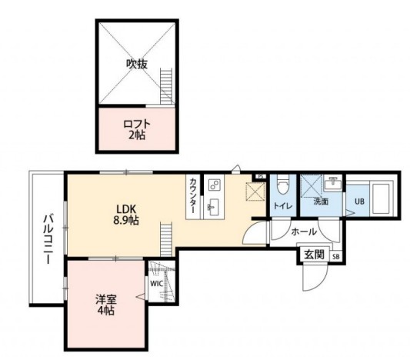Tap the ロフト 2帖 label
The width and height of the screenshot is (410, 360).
pos(137,128)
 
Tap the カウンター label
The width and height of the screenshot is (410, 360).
pos(192,198)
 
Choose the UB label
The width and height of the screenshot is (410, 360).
pos(359,202)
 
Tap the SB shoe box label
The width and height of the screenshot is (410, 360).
pos(335,257)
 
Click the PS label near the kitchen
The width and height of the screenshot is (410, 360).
pos(261,176)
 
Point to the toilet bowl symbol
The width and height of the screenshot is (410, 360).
pos(282,185)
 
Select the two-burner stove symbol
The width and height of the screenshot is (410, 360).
pos(215,185)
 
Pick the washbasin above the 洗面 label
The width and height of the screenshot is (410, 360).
pos(333,184)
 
